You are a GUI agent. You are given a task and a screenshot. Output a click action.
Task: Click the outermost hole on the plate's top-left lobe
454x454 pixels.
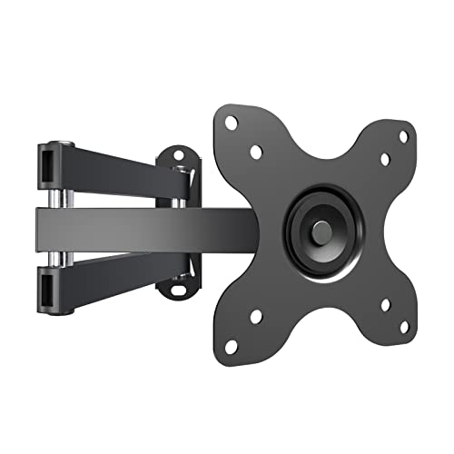coord(231,122)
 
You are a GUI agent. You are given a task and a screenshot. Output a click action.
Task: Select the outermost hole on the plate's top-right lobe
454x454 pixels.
coord(404,137)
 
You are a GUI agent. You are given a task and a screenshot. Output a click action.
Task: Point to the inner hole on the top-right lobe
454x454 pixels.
coord(385,159)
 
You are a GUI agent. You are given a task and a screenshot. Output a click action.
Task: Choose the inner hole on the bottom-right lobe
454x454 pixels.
coord(385,304)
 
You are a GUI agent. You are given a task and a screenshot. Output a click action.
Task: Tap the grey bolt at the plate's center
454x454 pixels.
coord(320,232)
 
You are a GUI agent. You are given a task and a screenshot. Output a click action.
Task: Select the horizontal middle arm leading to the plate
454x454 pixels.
coord(136,227)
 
